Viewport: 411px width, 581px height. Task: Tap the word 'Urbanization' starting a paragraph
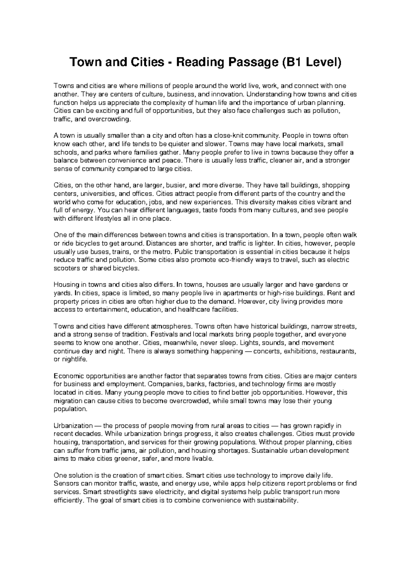point(73,426)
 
